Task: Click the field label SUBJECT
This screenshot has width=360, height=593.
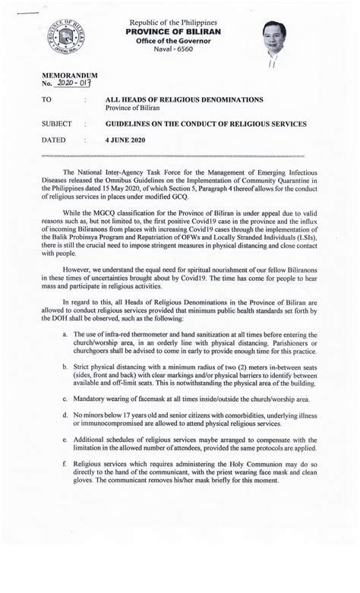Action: [x=58, y=123]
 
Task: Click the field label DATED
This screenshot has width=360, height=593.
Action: [x=54, y=140]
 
